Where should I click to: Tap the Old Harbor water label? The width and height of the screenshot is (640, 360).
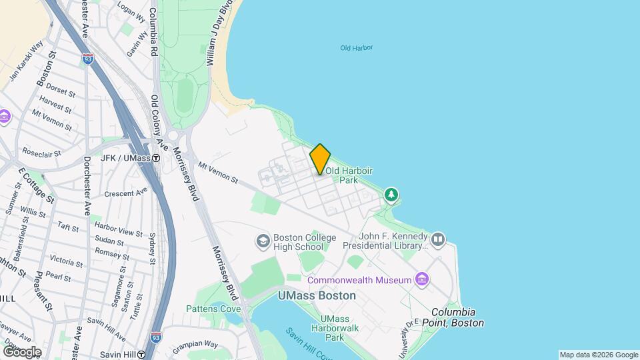click(356, 48)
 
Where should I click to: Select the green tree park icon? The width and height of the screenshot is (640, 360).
click(392, 195)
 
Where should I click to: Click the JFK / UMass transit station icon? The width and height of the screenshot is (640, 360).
click(156, 159)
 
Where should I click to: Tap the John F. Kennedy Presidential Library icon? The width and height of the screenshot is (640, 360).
click(437, 239)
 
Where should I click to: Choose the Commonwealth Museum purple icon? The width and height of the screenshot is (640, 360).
click(421, 278)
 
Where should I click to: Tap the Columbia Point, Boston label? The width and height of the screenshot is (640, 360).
click(457, 317)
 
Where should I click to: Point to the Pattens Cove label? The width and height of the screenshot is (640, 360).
click(213, 309)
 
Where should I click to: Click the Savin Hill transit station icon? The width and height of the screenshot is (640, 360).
click(142, 355)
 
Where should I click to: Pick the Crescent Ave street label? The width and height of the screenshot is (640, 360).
click(126, 193)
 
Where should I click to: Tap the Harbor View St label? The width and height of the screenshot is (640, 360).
click(118, 233)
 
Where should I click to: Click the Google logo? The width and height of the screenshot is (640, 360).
click(22, 351)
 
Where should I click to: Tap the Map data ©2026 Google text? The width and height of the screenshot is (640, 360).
click(598, 355)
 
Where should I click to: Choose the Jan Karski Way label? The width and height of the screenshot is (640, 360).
click(27, 61)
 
